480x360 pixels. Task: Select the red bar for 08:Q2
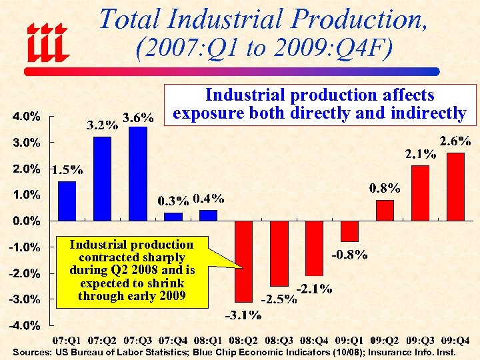tap(244, 261)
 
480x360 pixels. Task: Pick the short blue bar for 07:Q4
tap(173, 217)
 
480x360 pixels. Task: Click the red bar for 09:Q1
tap(349, 231)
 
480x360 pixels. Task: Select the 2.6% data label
tap(456, 141)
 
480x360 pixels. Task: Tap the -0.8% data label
tap(350, 255)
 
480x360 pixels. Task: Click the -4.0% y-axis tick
tap(25, 326)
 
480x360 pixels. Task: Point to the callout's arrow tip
tap(242, 267)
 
